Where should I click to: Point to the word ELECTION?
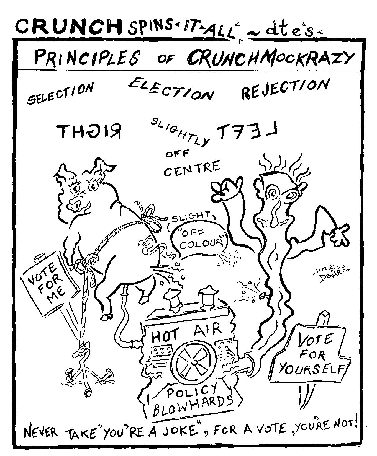[x=171, y=89]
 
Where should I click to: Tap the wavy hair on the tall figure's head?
[x=280, y=163]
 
